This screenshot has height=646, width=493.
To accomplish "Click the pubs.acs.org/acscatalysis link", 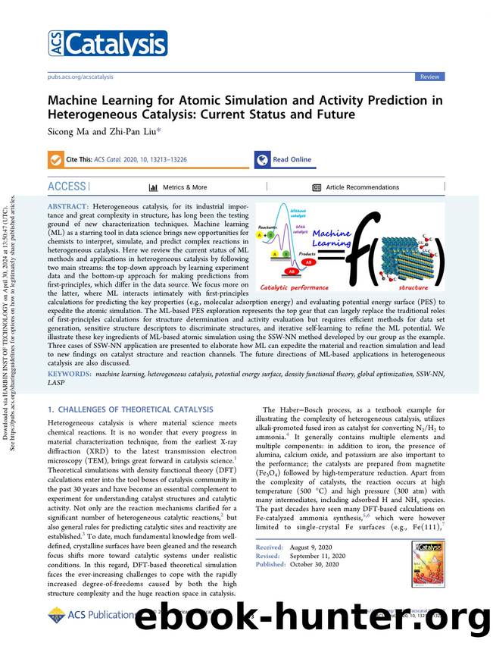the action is (80, 77).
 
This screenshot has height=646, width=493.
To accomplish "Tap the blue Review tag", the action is (430, 77).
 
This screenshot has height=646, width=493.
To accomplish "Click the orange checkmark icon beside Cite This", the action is (55, 160).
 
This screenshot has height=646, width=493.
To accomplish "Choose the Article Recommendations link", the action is (362, 187).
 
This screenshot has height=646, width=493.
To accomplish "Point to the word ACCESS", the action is (67, 187).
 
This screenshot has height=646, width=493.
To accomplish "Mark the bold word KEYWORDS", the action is (70, 375).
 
